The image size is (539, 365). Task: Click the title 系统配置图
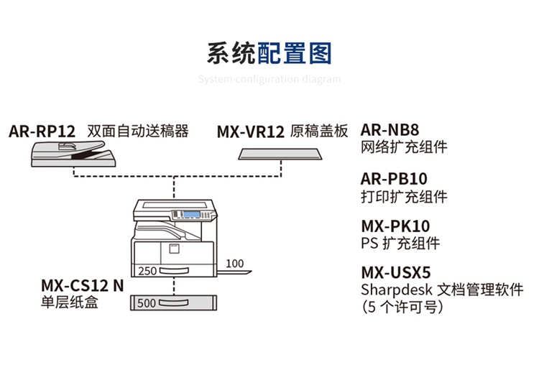pyautogui.click(x=269, y=54)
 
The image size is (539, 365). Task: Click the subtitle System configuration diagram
pyautogui.click(x=269, y=79)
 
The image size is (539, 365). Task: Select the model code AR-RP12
pyautogui.click(x=42, y=132)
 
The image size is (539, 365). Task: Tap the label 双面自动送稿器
pyautogui.click(x=137, y=131)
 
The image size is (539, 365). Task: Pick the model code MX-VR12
pyautogui.click(x=251, y=132)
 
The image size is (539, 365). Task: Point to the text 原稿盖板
pyautogui.click(x=319, y=131)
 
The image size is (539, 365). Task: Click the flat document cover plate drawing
pyautogui.click(x=280, y=154)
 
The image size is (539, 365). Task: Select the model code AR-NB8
pyautogui.click(x=390, y=130)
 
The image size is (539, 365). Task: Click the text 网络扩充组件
pyautogui.click(x=404, y=147)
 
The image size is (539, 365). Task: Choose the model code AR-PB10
pyautogui.click(x=394, y=178)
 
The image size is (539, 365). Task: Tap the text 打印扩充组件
pyautogui.click(x=404, y=196)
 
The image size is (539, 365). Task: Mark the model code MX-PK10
pyautogui.click(x=395, y=226)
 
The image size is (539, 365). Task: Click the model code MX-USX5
pyautogui.click(x=395, y=273)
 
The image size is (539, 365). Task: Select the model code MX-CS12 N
pyautogui.click(x=82, y=285)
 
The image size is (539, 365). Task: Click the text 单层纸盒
pyautogui.click(x=70, y=302)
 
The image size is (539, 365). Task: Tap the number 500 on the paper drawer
pyautogui.click(x=146, y=303)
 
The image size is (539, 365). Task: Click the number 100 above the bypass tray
pyautogui.click(x=235, y=264)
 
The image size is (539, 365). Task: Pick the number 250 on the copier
pyautogui.click(x=147, y=272)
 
